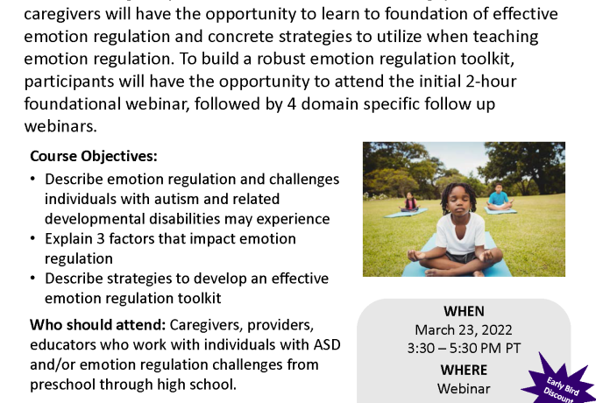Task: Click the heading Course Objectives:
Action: (x=94, y=157)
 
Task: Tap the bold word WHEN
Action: (x=464, y=312)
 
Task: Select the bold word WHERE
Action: (x=464, y=370)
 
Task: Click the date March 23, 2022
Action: (x=464, y=329)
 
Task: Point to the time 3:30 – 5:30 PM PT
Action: (x=464, y=349)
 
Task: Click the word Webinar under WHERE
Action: (x=464, y=389)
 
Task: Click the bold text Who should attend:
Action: (x=98, y=325)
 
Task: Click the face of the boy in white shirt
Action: (x=458, y=202)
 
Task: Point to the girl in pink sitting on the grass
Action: (x=410, y=201)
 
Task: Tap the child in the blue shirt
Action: (x=499, y=197)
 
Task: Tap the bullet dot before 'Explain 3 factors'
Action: (x=32, y=238)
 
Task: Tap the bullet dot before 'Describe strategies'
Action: (x=32, y=278)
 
